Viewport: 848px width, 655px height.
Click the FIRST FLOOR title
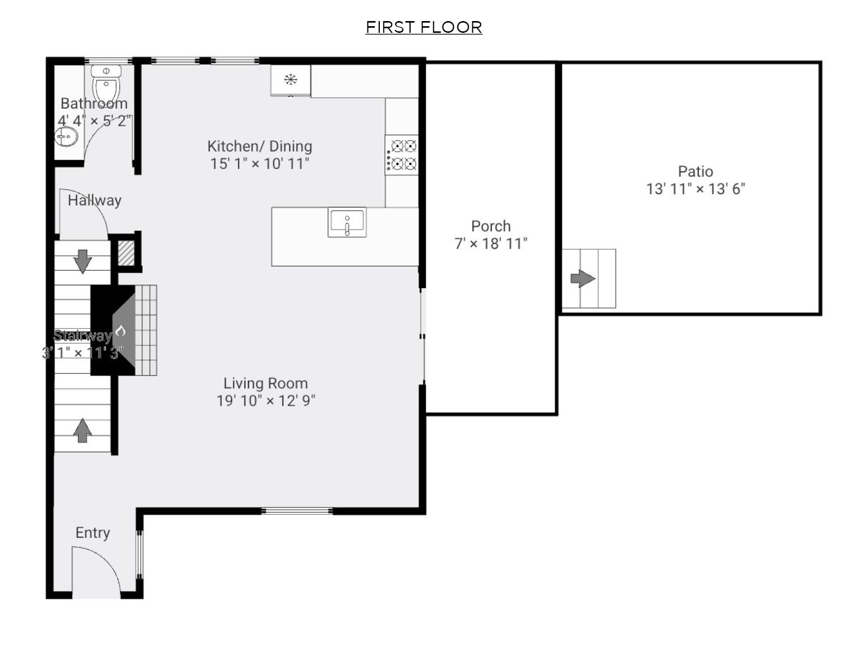click(x=423, y=27)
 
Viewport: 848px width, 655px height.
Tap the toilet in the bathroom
click(x=106, y=82)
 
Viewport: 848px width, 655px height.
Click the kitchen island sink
click(x=347, y=222)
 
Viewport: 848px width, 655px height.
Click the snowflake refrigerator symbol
click(x=291, y=80)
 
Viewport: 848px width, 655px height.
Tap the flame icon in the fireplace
click(x=121, y=331)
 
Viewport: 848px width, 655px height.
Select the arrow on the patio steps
click(x=582, y=279)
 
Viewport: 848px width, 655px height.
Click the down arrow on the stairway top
click(x=82, y=261)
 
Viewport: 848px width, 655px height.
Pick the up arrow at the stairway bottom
click(x=82, y=430)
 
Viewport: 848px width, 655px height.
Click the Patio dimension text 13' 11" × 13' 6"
click(x=695, y=189)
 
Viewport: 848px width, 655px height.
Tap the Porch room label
click(x=491, y=226)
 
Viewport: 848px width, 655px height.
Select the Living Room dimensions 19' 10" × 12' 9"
click(x=266, y=401)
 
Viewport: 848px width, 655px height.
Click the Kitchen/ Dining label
click(x=260, y=146)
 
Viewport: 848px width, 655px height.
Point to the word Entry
click(x=93, y=533)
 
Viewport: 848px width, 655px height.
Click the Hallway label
click(x=95, y=200)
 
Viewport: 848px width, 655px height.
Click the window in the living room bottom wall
click(x=297, y=511)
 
